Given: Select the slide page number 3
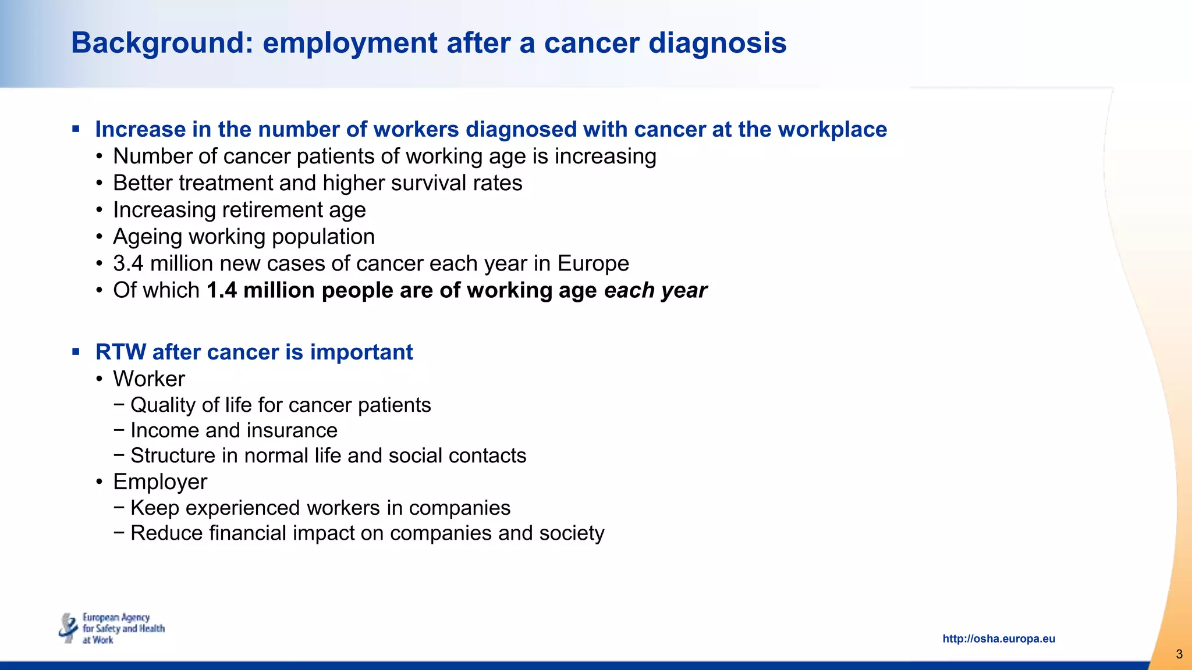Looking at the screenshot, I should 1179,654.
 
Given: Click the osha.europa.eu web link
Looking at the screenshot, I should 998,639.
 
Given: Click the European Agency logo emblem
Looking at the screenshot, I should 69,628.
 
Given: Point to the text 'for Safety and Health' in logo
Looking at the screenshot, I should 123,629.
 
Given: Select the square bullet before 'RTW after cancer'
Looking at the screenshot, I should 76,351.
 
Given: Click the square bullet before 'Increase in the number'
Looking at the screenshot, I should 76,129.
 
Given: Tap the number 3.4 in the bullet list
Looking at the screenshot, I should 128,263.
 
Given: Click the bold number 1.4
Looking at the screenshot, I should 221,290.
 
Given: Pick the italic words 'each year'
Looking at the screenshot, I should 655,290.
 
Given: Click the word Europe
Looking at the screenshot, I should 593,263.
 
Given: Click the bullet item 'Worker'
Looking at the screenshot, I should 149,379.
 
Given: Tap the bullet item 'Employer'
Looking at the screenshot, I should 160,482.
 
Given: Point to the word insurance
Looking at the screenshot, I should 292,430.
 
